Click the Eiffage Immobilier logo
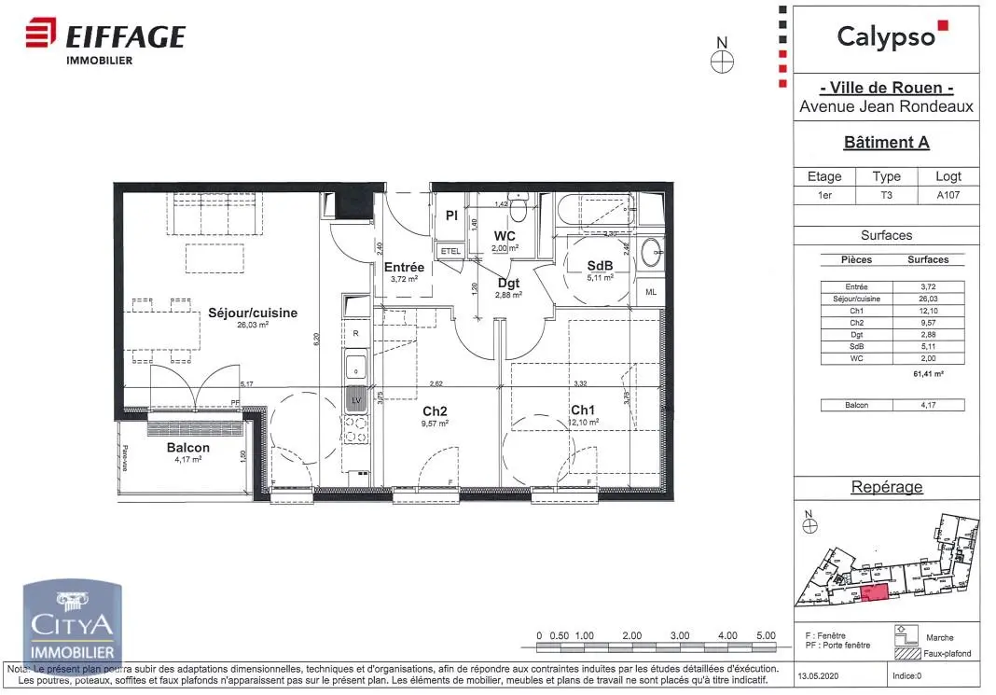click(x=104, y=41)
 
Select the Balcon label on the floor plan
click(x=188, y=448)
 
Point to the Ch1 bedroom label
click(x=583, y=409)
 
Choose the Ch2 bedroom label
click(x=435, y=410)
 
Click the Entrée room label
click(x=404, y=268)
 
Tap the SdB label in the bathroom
click(x=599, y=265)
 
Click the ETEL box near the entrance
click(x=450, y=251)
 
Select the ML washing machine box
click(x=650, y=292)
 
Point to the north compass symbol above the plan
click(x=722, y=61)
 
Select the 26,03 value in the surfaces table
click(x=927, y=299)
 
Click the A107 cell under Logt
click(x=948, y=195)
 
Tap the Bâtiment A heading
click(x=886, y=143)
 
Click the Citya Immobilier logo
click(x=73, y=623)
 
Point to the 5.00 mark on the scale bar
click(x=765, y=635)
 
